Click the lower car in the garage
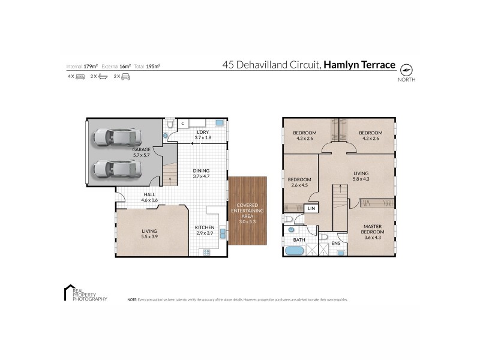click(117, 170)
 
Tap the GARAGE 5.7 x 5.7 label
click(141, 153)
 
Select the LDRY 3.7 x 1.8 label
click(203, 134)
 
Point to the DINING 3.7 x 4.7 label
click(202, 173)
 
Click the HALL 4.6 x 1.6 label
click(132, 197)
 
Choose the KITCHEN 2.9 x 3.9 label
click(204, 230)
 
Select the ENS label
click(335, 243)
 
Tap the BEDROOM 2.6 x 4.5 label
click(299, 182)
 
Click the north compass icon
click(407, 70)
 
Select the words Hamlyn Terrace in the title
click(360, 63)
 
